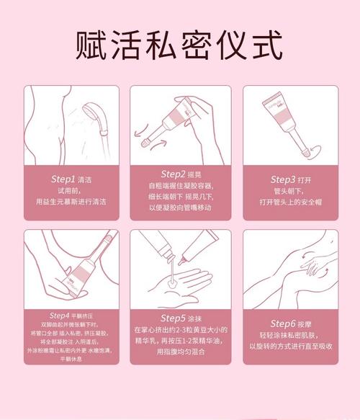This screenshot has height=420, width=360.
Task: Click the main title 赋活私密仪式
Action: tap(180, 45)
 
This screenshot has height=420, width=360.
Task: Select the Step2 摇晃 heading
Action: tap(180, 174)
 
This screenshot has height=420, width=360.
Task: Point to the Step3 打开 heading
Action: tap(292, 178)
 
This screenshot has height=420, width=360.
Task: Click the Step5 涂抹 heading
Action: tap(180, 318)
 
